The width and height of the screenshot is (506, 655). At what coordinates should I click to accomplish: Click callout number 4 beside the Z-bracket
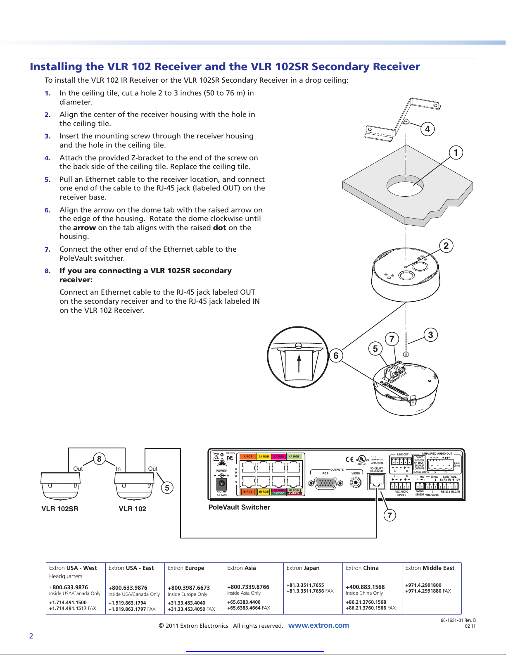pyautogui.click(x=428, y=129)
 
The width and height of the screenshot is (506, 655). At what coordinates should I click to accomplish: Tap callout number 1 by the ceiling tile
pyautogui.click(x=456, y=153)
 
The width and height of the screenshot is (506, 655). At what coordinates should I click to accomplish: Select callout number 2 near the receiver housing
pyautogui.click(x=446, y=246)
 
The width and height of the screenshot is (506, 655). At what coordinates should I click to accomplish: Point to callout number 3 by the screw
pyautogui.click(x=430, y=335)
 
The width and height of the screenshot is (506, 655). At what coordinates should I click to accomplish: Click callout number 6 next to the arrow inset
pyautogui.click(x=336, y=355)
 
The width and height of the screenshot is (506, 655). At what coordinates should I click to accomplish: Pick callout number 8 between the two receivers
pyautogui.click(x=99, y=459)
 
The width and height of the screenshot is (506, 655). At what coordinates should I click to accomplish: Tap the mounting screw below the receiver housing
pyautogui.click(x=406, y=343)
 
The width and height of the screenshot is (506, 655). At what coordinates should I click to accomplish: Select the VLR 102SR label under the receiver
pyautogui.click(x=60, y=509)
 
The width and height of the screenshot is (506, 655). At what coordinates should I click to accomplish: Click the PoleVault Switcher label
pyautogui.click(x=239, y=507)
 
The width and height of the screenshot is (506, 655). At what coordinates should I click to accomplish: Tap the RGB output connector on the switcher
pyautogui.click(x=325, y=483)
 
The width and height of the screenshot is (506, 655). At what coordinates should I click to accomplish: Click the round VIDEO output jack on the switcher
pyautogui.click(x=355, y=482)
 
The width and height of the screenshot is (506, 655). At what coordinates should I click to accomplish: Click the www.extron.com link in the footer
pyautogui.click(x=318, y=625)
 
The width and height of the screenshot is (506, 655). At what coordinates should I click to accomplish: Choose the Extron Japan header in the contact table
pyautogui.click(x=303, y=568)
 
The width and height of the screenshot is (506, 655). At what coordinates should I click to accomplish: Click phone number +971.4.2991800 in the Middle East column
pyautogui.click(x=423, y=585)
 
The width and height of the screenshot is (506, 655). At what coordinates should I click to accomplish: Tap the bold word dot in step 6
pyautogui.click(x=219, y=228)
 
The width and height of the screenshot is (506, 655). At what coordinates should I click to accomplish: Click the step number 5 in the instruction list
pyautogui.click(x=48, y=179)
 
